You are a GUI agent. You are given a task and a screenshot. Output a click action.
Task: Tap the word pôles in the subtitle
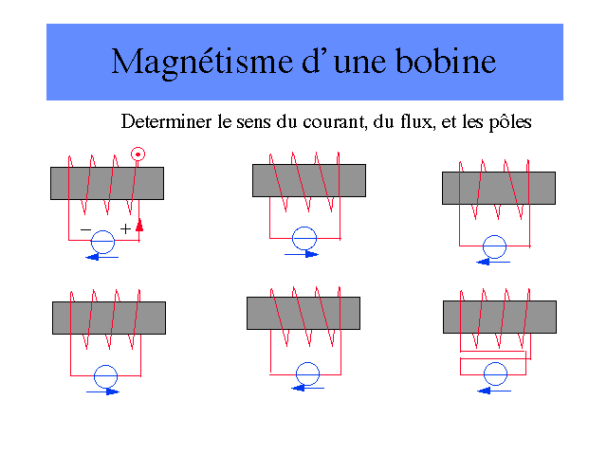(x=509, y=122)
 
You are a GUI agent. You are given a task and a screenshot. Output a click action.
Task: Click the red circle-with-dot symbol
(x=138, y=154)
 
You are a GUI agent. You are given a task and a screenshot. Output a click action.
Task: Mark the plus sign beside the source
(x=125, y=228)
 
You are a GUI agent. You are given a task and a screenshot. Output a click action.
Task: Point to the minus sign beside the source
(x=85, y=229)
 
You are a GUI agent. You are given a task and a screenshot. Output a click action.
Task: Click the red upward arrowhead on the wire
(x=139, y=225)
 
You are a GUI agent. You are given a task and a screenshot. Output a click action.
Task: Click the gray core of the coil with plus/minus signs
(x=106, y=183)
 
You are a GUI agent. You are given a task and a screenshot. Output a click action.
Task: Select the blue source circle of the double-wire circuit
(x=494, y=373)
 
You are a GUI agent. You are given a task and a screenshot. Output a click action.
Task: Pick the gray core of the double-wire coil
(x=499, y=317)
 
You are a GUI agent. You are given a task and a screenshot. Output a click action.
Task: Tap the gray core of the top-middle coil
(x=308, y=180)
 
